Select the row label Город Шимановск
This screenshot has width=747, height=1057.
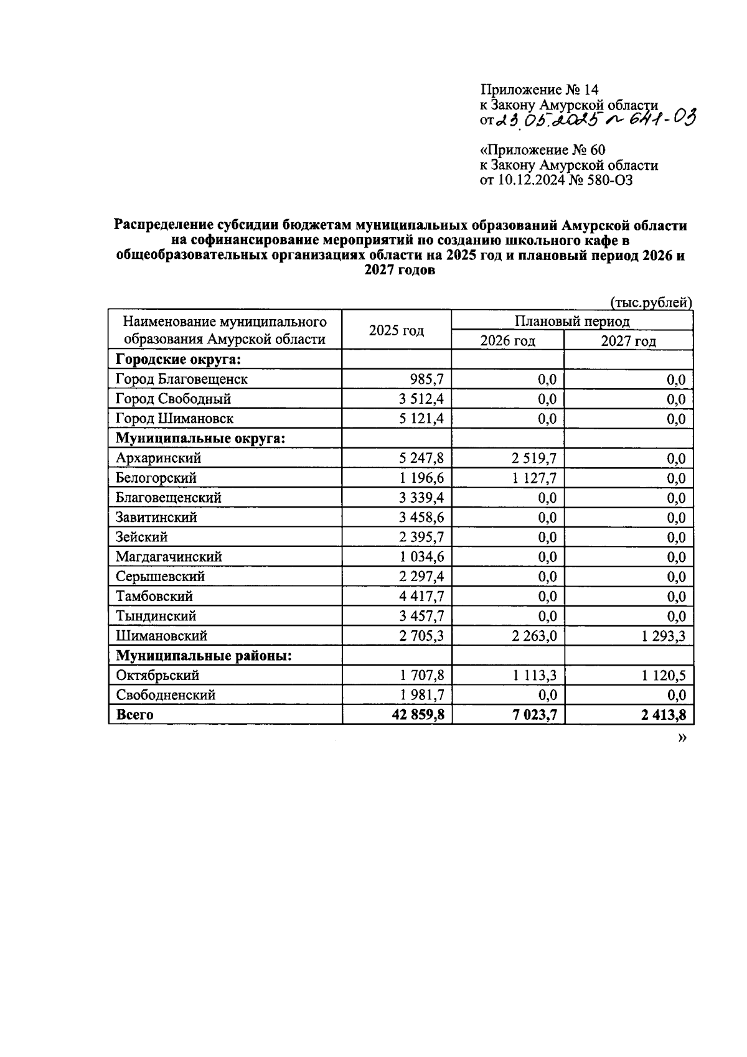coord(174,419)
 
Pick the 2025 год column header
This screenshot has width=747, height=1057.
coord(397,330)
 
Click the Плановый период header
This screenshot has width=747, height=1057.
coord(571,321)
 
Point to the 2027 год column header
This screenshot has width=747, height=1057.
coord(628,341)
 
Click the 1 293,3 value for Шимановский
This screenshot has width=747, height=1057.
coord(661,636)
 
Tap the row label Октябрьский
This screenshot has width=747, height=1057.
coord(157,675)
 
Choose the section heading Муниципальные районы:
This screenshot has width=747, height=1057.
coord(204,656)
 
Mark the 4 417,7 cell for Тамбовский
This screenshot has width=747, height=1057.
coord(421,597)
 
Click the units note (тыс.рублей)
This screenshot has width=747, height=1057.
coord(651,302)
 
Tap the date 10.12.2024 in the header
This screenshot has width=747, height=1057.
coord(531,180)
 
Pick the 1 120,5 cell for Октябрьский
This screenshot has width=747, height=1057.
coord(661,676)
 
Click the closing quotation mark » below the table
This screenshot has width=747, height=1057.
coord(683,737)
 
